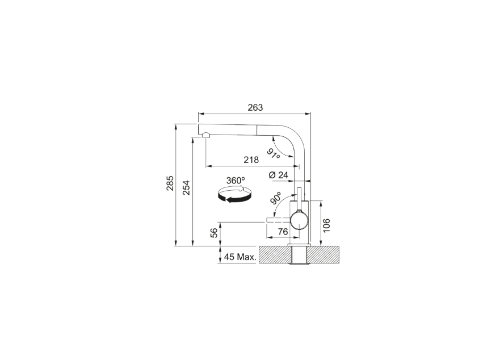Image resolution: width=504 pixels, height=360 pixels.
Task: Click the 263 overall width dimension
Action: (x=255, y=107)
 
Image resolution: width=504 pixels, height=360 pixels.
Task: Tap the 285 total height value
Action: (x=170, y=183)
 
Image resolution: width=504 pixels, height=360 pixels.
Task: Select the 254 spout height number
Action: (x=186, y=188)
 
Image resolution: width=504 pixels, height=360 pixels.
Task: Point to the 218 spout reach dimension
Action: (x=251, y=160)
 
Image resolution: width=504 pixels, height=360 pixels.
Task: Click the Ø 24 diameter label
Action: (x=278, y=175)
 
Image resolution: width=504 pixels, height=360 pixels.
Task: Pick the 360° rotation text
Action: (x=236, y=181)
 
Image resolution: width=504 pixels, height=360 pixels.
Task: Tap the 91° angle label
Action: (x=273, y=153)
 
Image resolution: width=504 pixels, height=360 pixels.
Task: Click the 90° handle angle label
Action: (x=275, y=198)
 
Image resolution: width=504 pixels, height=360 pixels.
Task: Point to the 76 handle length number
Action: (x=283, y=232)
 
